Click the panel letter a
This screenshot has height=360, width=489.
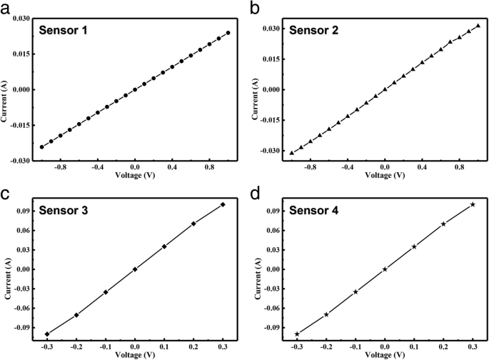[6, 8]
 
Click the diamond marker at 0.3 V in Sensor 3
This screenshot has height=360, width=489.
[223, 204]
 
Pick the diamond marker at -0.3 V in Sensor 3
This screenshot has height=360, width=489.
[47, 334]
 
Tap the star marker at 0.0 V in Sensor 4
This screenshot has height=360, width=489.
[385, 269]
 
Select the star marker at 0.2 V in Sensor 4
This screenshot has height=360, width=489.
[443, 224]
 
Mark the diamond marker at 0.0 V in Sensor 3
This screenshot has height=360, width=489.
[135, 269]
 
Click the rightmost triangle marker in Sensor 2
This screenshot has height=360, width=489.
[478, 26]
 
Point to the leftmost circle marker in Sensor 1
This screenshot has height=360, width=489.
[41, 147]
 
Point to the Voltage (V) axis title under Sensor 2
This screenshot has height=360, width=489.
[384, 175]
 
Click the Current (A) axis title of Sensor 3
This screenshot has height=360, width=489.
[6, 270]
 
